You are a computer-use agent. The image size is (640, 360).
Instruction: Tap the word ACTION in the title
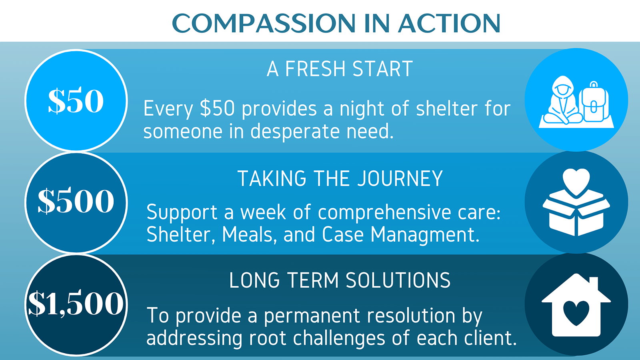pos(449,23)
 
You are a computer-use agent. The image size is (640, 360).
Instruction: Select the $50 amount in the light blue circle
pos(76,100)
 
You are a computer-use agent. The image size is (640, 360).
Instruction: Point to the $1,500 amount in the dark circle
pos(76,303)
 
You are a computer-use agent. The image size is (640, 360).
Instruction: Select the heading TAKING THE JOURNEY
pos(340,178)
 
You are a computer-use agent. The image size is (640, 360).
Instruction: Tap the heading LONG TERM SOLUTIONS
pos(340,280)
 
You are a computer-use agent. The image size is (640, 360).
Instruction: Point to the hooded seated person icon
pos(562,100)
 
